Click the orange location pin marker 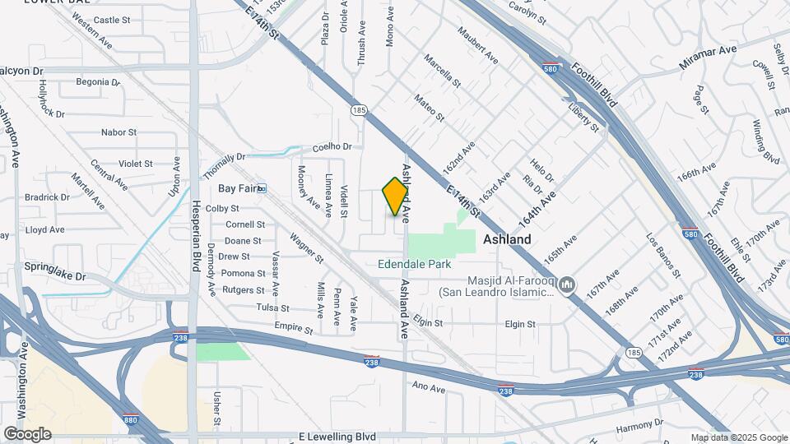(x=396, y=197)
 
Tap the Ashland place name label (x=506, y=239)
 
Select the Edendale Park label (x=415, y=265)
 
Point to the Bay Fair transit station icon (x=262, y=188)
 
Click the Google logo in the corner (x=27, y=433)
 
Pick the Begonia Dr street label (x=92, y=81)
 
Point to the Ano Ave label (x=428, y=386)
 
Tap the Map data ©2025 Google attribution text (x=739, y=437)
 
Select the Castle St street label (x=112, y=19)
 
